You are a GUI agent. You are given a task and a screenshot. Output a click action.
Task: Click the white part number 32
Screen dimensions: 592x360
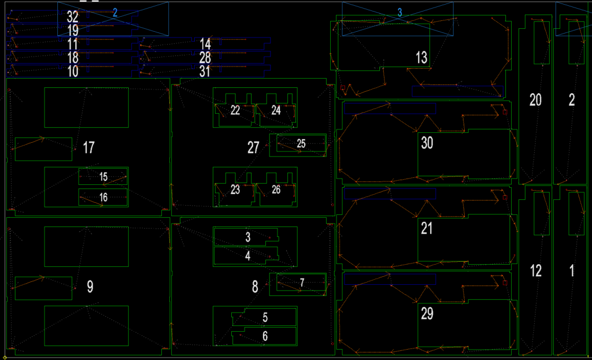[x=72, y=17]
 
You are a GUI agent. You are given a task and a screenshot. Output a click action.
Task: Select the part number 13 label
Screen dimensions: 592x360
[x=421, y=58]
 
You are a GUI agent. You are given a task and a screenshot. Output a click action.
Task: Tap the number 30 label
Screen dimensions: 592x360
[x=427, y=143]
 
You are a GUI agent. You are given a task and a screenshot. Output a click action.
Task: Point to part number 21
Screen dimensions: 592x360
[x=427, y=228]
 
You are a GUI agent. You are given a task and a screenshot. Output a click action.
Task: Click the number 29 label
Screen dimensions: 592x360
[x=427, y=314]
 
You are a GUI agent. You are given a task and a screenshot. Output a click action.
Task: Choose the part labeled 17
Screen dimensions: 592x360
[x=88, y=147]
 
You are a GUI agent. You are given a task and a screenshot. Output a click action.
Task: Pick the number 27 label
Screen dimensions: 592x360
[x=253, y=147]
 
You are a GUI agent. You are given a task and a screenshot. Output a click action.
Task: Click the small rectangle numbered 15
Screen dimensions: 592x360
[x=103, y=177]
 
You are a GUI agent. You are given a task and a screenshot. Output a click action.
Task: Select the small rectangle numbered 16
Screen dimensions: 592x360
[x=103, y=198]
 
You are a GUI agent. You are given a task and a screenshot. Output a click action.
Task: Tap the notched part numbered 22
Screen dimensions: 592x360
[x=235, y=110]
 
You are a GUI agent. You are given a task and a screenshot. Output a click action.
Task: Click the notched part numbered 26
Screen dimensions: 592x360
[x=276, y=190]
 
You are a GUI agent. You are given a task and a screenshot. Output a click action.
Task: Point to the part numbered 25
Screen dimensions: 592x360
[x=301, y=144]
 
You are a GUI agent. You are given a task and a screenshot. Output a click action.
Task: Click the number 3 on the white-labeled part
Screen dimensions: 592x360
[x=247, y=237]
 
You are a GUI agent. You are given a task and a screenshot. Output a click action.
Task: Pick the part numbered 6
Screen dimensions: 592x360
[x=264, y=336]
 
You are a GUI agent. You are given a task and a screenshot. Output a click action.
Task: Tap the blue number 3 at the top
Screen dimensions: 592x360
[x=399, y=13]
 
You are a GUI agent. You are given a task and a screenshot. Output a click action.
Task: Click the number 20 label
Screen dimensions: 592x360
[x=535, y=100]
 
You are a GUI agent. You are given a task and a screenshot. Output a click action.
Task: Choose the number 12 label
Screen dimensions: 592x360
[x=536, y=270]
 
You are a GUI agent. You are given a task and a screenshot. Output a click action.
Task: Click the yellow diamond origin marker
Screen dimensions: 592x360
[x=5, y=357]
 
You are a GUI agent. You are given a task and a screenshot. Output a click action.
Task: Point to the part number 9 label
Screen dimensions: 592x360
[x=90, y=287]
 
